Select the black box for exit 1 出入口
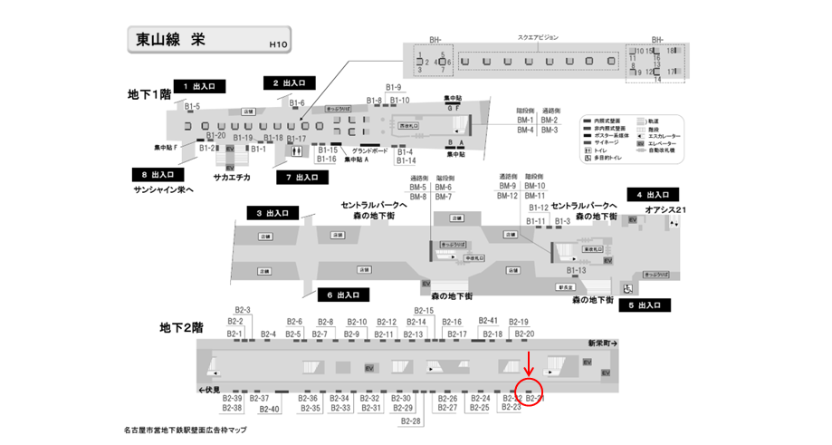coord(198,86)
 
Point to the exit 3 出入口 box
coord(273,213)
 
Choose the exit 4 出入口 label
coord(652,195)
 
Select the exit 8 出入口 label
coord(157,174)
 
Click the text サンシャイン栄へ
coord(163,189)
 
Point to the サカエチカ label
coord(232,178)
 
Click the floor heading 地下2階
coord(181,326)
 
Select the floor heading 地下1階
coord(149,94)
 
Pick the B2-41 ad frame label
coord(489,321)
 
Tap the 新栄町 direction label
coord(602,344)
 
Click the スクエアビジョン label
coord(538,38)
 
